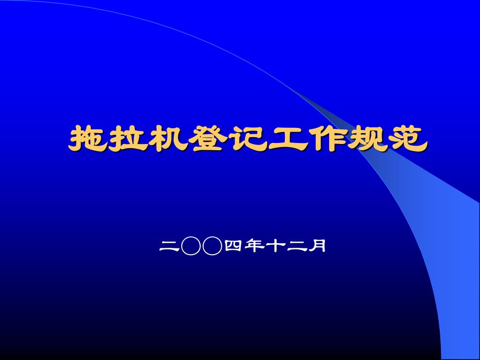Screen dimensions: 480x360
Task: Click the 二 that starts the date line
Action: (x=169, y=246)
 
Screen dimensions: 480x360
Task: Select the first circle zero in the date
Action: (x=191, y=246)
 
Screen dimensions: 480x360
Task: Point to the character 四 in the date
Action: (x=233, y=246)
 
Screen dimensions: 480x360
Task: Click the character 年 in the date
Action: (x=255, y=246)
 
